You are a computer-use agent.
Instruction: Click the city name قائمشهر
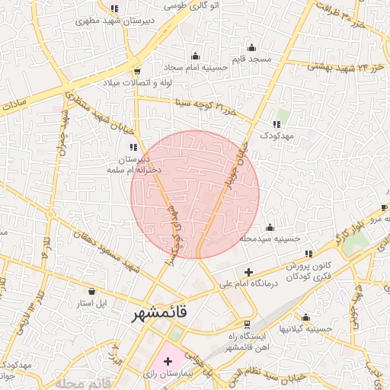pyautogui.click(x=166, y=313)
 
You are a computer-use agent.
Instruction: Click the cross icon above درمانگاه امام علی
pyautogui.click(x=248, y=272)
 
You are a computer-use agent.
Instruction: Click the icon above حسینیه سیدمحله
pyautogui.click(x=269, y=227)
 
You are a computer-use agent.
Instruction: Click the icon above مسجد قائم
pyautogui.click(x=251, y=47)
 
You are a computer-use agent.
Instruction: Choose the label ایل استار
pyautogui.click(x=91, y=302)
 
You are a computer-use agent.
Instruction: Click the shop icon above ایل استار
pyautogui.click(x=92, y=291)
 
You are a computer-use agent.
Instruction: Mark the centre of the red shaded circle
pyautogui.click(x=195, y=194)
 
